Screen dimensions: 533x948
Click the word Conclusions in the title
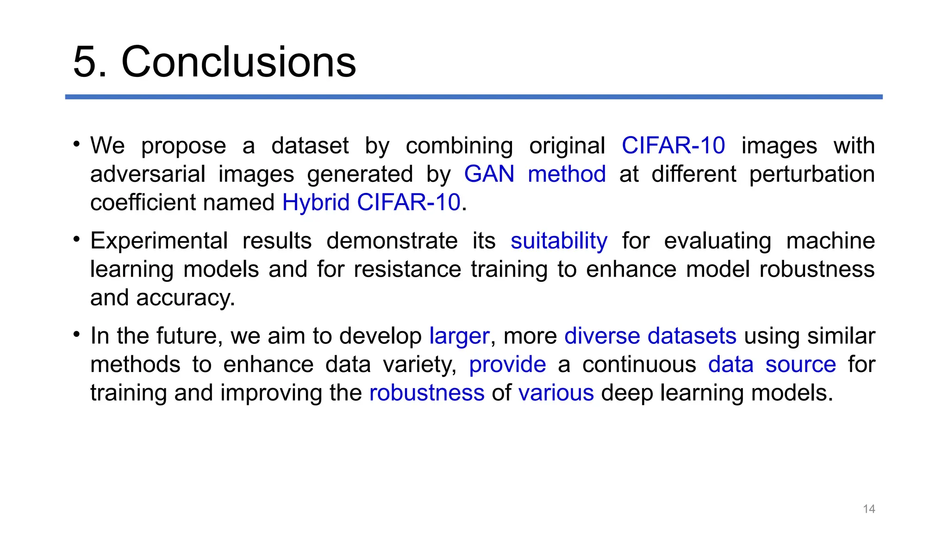coord(238,62)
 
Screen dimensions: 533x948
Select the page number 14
coord(869,509)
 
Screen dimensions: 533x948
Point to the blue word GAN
coord(489,174)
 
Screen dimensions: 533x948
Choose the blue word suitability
coord(559,241)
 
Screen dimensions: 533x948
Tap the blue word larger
coord(459,336)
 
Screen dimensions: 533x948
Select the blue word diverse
coord(602,336)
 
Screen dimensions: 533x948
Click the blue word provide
coord(507,365)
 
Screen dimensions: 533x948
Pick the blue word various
coord(556,393)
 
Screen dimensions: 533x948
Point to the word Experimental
coord(159,241)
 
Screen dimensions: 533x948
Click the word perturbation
coord(812,174)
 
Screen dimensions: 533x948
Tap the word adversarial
coord(148,174)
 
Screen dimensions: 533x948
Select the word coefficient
coord(143,203)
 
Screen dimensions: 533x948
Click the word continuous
coord(639,365)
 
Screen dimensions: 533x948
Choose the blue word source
coord(800,365)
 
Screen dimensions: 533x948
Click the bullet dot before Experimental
coord(77,239)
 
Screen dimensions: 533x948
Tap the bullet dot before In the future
coord(77,334)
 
